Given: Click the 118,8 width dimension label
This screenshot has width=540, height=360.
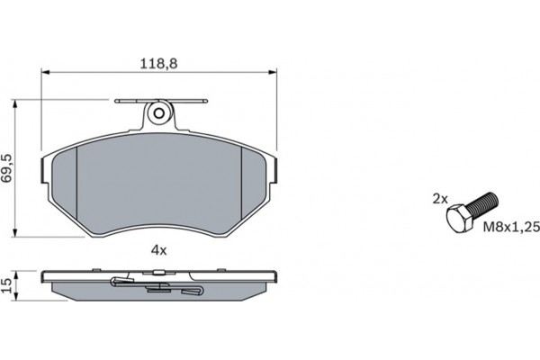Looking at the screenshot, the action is [158, 64].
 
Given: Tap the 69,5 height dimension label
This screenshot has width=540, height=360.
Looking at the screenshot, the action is [7, 168].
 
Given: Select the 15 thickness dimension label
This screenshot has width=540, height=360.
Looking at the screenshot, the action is [7, 286].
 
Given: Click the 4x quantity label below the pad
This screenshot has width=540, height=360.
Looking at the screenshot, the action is [158, 250].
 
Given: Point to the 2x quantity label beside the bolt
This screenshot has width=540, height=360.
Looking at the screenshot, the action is [440, 199].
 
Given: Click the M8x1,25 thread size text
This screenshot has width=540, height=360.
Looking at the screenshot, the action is [511, 227].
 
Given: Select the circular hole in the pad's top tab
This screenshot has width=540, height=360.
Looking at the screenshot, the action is [159, 113].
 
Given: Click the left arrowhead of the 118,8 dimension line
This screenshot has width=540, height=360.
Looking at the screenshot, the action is [46, 72].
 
